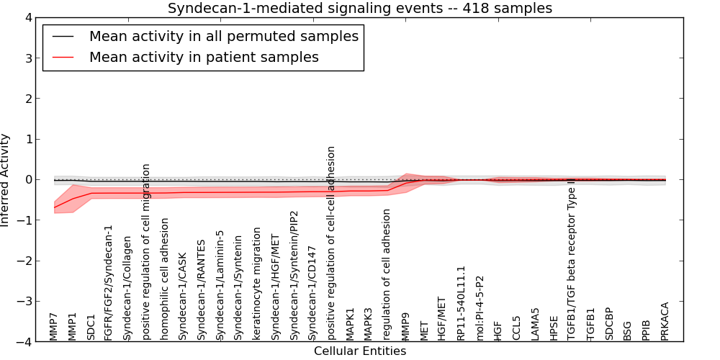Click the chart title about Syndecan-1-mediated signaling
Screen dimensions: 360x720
(360, 9)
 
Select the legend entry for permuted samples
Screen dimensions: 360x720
(223, 36)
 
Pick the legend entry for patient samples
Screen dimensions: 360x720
(204, 57)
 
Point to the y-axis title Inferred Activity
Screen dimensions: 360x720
(6, 180)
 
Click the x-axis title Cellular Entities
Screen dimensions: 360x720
(360, 351)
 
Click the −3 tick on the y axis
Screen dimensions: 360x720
(33, 302)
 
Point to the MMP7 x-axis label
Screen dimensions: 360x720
(54, 326)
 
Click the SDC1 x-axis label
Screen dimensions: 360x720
(91, 326)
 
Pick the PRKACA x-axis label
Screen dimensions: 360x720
(665, 321)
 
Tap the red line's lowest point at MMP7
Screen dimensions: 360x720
(55, 207)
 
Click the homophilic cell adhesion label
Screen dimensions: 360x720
(165, 276)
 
